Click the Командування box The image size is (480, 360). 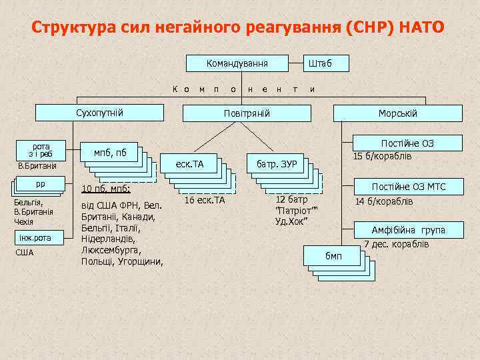(x=237, y=64)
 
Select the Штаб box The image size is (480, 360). (x=318, y=64)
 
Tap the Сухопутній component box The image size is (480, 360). (x=100, y=113)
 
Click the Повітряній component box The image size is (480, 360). (x=246, y=113)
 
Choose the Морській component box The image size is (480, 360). (x=398, y=113)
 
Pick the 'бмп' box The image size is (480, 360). (x=333, y=255)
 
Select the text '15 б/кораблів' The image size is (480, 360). (x=383, y=157)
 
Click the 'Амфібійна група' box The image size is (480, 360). (x=408, y=231)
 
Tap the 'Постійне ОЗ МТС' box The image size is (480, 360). (x=408, y=187)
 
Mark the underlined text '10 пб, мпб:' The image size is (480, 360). (x=105, y=189)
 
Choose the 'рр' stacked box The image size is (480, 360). (x=39, y=184)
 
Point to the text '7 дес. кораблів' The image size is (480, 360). (x=396, y=245)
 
